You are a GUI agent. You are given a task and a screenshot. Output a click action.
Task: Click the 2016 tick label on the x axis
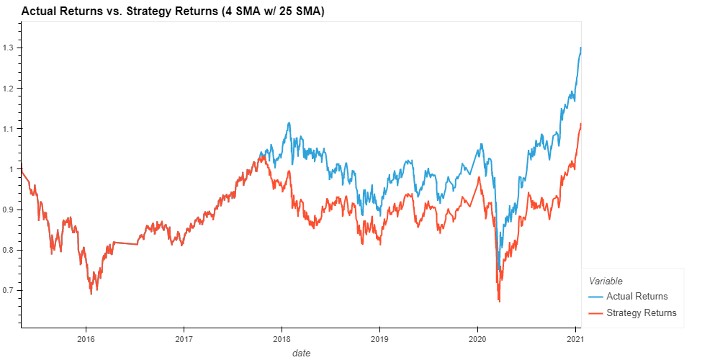point(86,338)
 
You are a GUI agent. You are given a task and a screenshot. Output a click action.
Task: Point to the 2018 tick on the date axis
point(282,338)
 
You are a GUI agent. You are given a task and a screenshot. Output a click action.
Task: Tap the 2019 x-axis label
point(379,338)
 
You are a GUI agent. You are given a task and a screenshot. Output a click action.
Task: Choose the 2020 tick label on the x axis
point(477,338)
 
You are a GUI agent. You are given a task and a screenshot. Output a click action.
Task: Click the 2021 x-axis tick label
point(575,338)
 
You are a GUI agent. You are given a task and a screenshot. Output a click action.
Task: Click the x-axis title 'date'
point(301,353)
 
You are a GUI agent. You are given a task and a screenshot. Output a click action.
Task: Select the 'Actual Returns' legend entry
point(636,297)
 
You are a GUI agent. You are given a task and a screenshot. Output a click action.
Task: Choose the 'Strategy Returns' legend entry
point(641,312)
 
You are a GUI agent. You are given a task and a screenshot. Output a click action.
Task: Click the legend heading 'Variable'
point(606,281)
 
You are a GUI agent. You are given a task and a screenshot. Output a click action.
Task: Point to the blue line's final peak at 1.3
point(580,48)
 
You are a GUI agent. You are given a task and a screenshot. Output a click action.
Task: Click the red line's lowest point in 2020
point(499,302)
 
